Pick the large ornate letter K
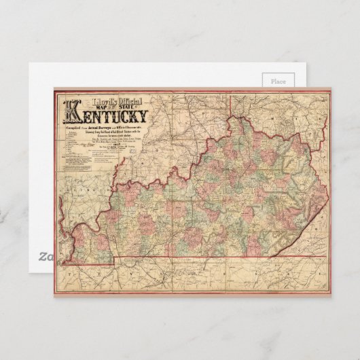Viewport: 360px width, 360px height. pyautogui.click(x=71, y=111)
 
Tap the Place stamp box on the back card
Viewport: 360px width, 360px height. pyautogui.click(x=278, y=82)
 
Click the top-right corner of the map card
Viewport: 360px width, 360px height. pyautogui.click(x=330, y=87)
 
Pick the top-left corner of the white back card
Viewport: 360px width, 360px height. pyautogui.click(x=29, y=63)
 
